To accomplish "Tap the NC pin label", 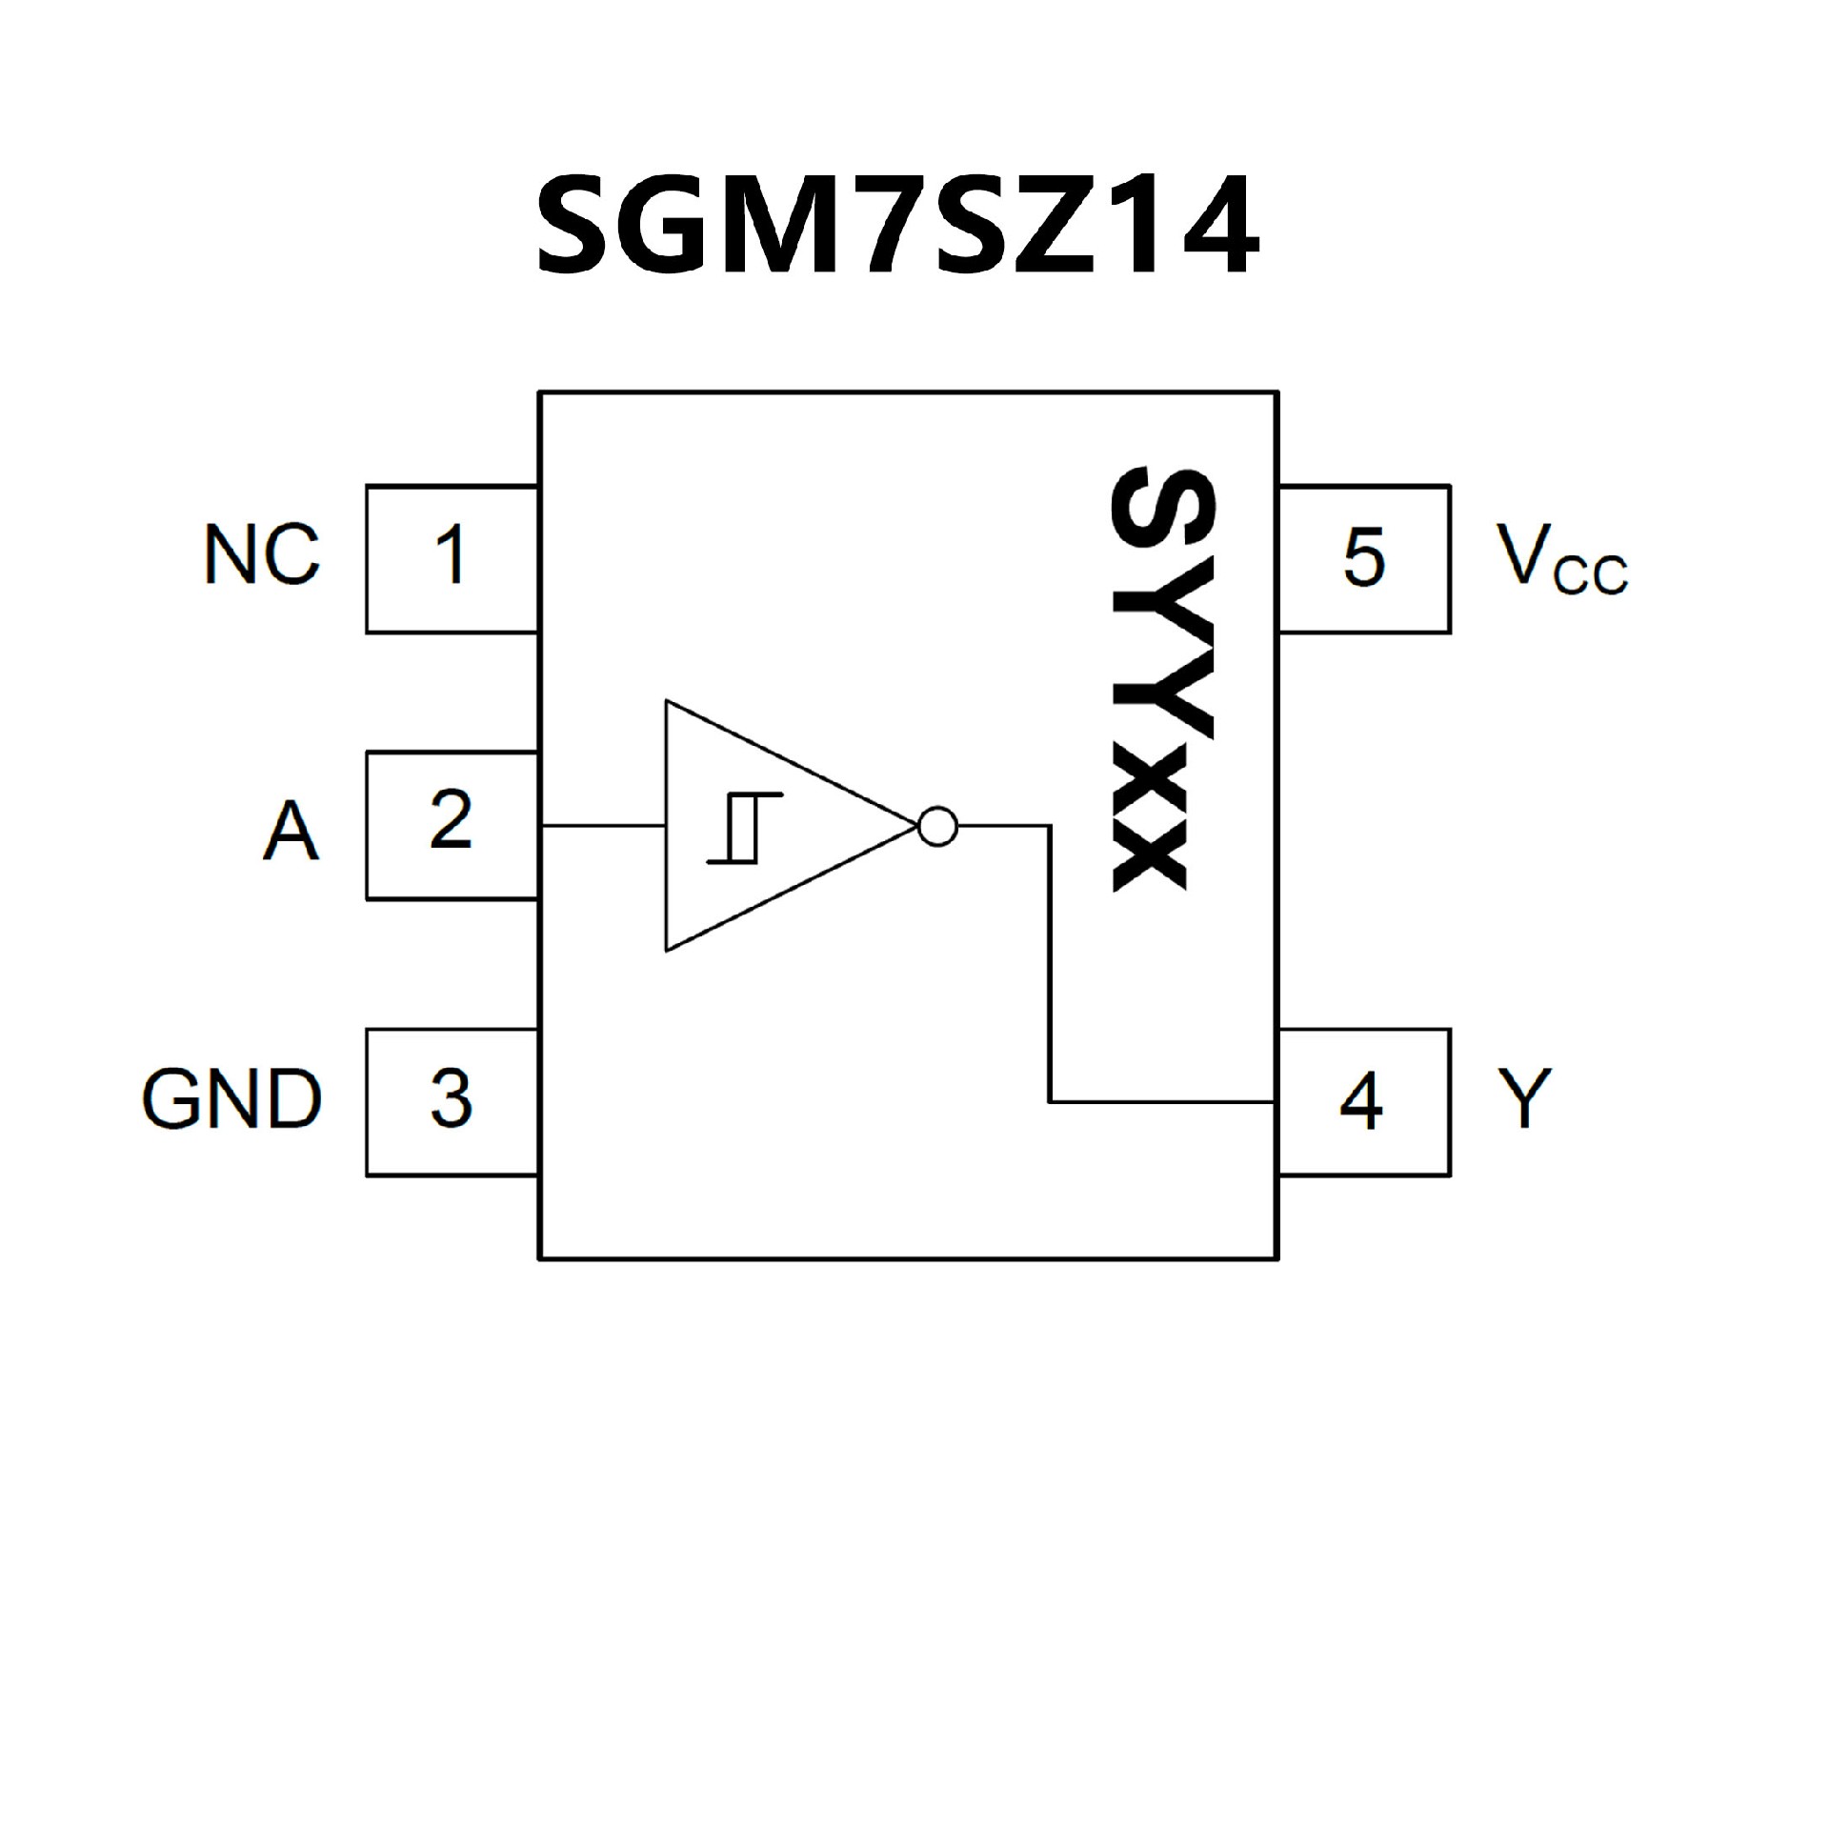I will pos(262,555).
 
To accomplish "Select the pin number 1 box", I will pos(451,557).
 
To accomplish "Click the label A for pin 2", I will pos(291,831).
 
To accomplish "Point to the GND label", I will pos(232,1099).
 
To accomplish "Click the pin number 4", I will pos(1361,1102).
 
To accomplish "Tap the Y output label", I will pos(1524,1098).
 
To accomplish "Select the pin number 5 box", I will pos(1363,557).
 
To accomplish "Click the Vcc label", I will pos(1561,560).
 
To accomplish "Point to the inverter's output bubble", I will pos(937,826).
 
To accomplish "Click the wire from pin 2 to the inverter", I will pos(602,826).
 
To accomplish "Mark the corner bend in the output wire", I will pos(1050,827).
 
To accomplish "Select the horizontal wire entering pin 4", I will pos(1162,1102).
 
